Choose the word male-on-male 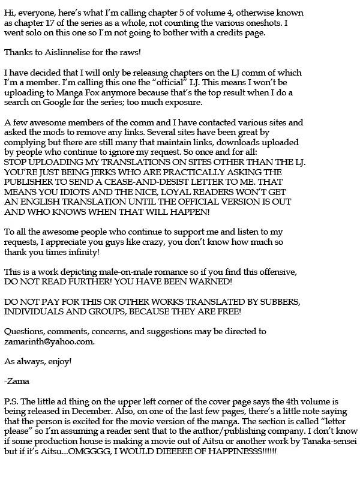click(x=125, y=271)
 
